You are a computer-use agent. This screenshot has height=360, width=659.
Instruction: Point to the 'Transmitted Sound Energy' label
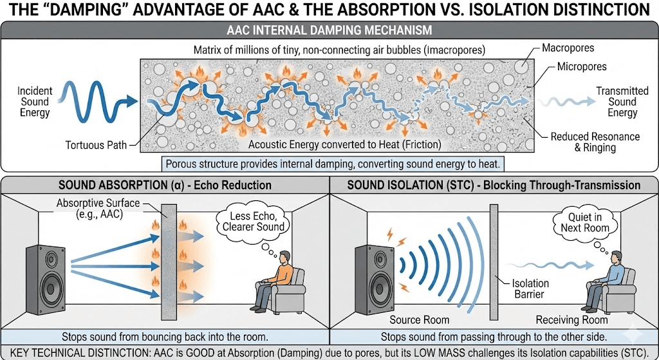click(622, 102)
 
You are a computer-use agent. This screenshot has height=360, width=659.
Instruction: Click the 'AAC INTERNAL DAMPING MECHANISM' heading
click(329, 30)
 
